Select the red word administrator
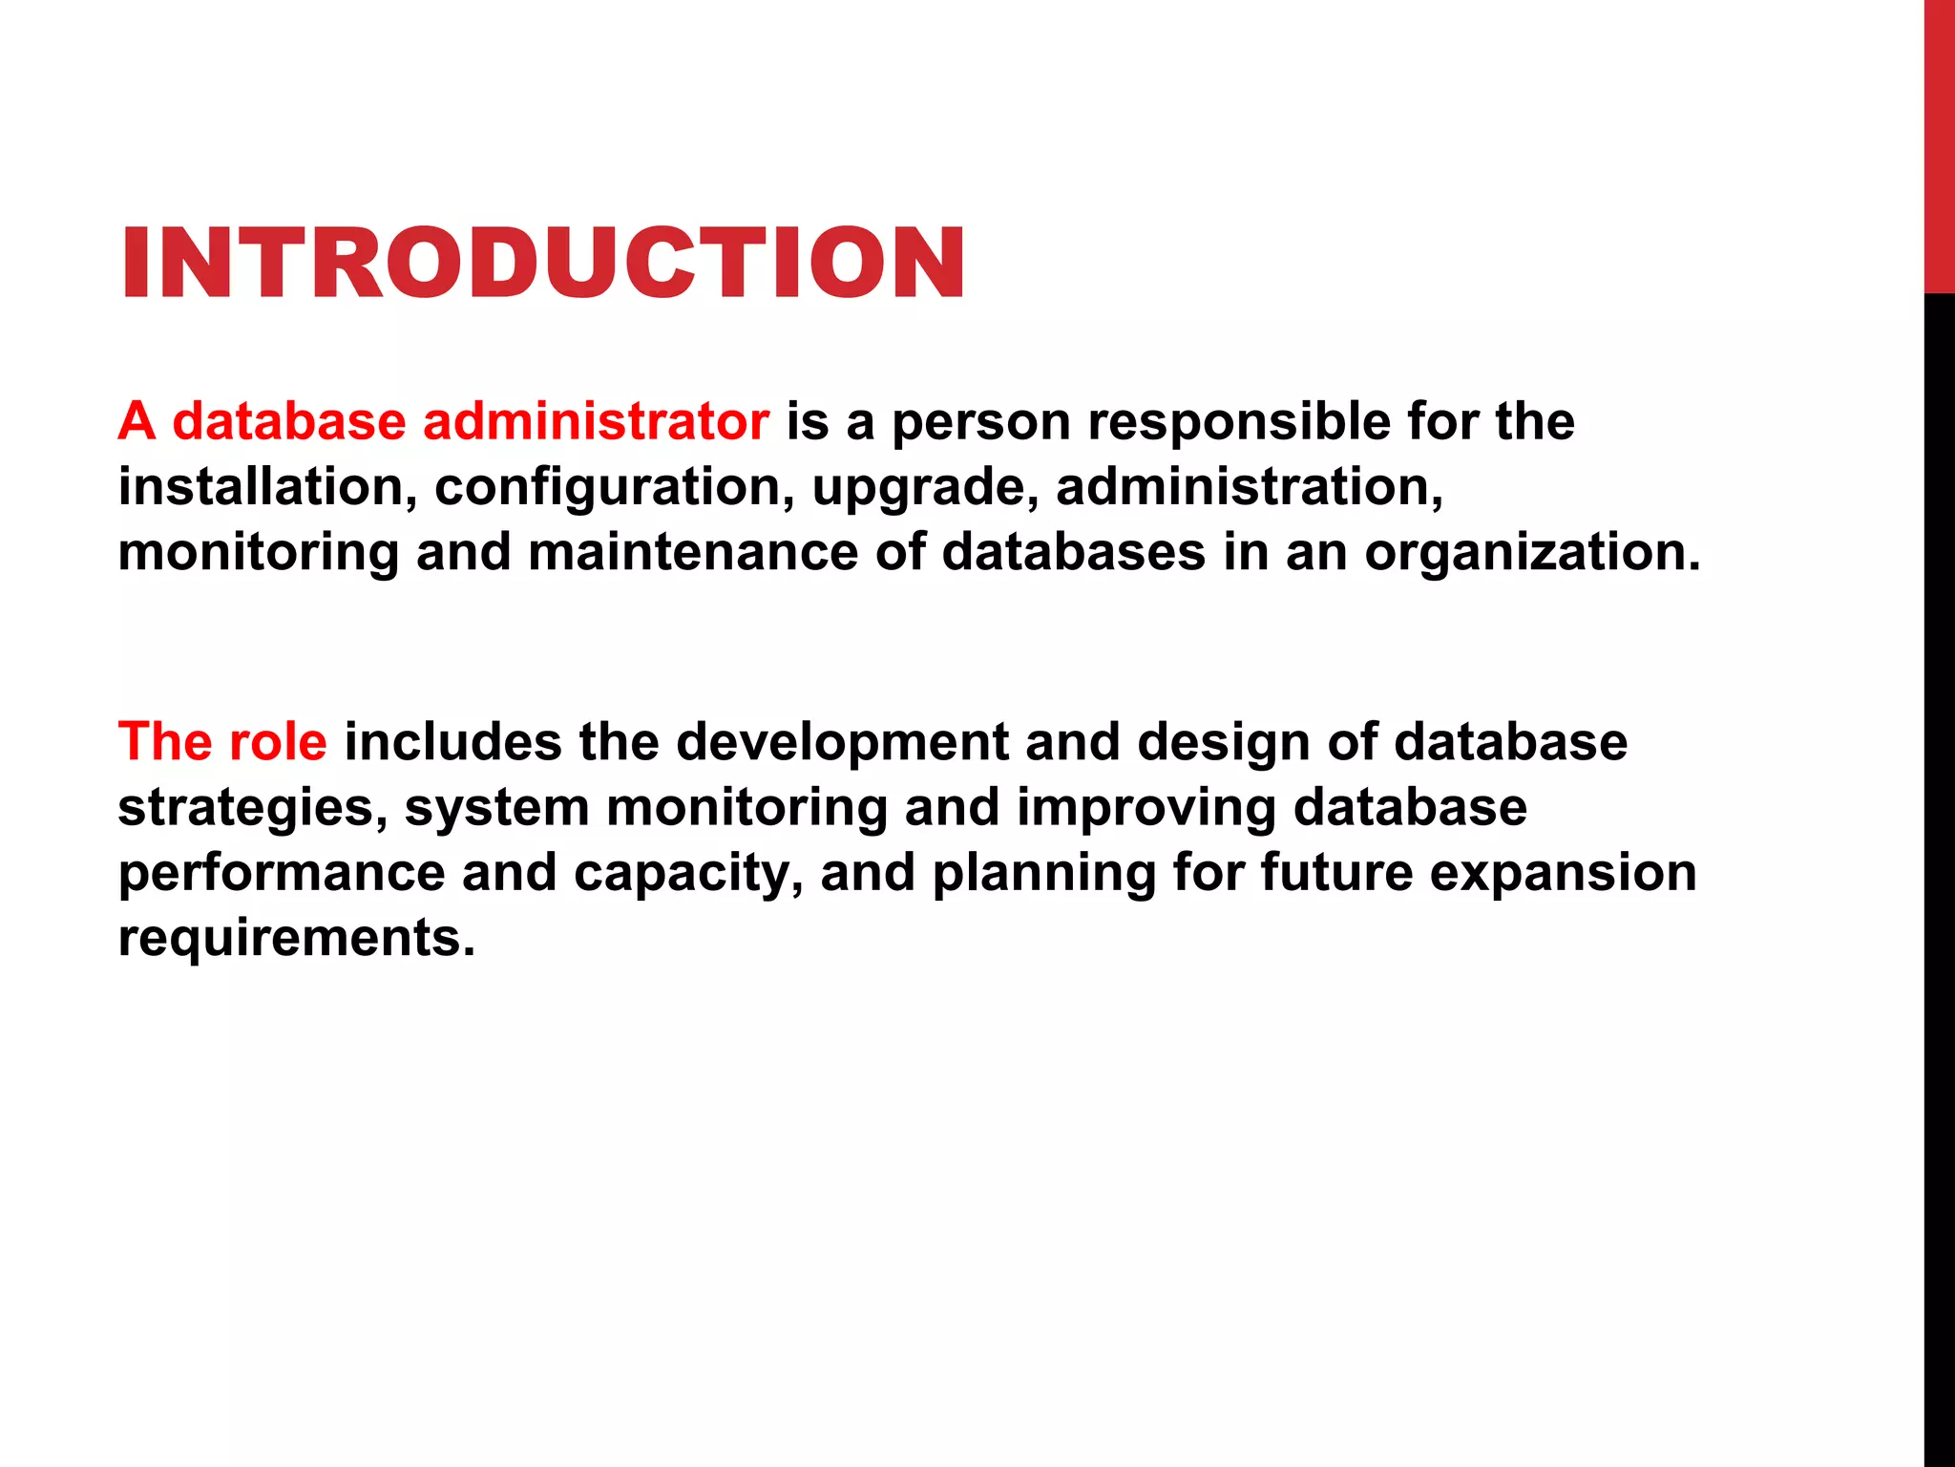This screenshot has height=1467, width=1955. (x=596, y=421)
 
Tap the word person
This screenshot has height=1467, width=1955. (x=980, y=423)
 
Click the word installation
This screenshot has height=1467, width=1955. (x=267, y=487)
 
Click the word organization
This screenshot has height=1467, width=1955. (x=1532, y=552)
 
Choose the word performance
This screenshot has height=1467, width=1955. (x=282, y=873)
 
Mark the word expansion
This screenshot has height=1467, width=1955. (x=1563, y=873)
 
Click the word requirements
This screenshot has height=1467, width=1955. (x=296, y=938)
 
